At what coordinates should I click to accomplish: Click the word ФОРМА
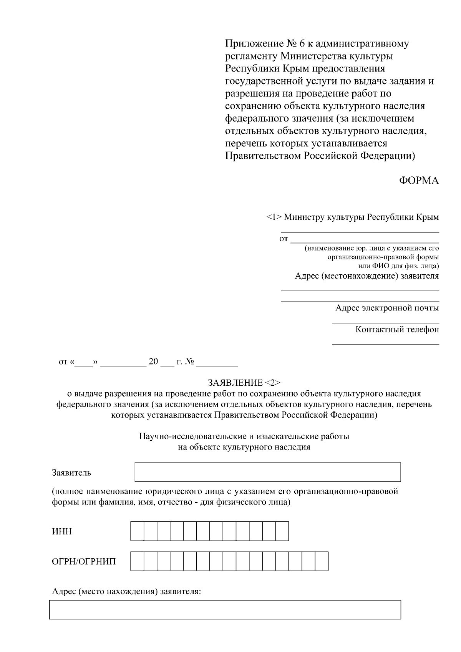tap(419, 181)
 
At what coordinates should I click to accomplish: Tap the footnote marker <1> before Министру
tap(274, 217)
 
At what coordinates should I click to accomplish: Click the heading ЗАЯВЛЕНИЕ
tap(235, 383)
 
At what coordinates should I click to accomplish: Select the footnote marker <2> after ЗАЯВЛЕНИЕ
tap(273, 383)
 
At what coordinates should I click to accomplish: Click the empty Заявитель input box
tap(267, 472)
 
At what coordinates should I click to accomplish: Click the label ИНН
tap(62, 532)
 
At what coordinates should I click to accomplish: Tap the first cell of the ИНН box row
tap(137, 531)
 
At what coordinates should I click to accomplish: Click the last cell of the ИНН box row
tap(282, 531)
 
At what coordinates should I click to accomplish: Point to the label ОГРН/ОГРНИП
tap(84, 562)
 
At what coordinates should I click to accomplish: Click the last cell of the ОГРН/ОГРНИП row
tap(322, 561)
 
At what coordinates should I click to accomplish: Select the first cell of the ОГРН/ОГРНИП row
tap(137, 561)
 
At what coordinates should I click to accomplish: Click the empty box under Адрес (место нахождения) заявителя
tap(225, 609)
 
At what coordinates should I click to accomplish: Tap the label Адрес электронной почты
tap(387, 308)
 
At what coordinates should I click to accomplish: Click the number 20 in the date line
tap(153, 362)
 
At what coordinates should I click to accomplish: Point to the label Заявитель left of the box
tap(71, 473)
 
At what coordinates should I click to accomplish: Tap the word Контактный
tap(378, 329)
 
